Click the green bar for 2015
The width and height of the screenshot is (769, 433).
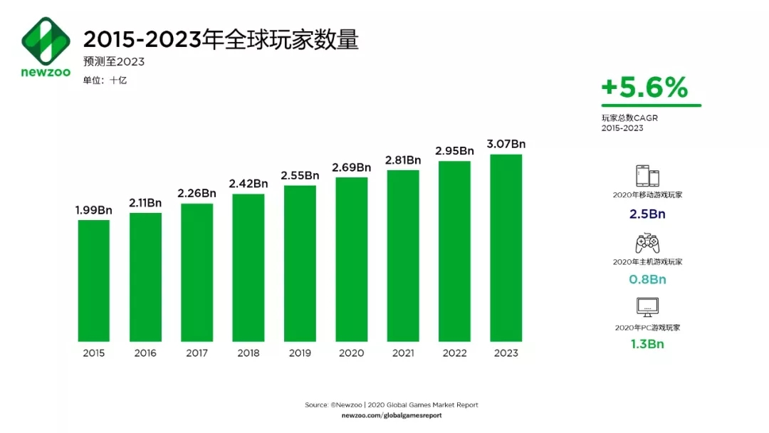93,281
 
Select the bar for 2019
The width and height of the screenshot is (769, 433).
300,264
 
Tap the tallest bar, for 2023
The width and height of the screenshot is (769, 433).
506,248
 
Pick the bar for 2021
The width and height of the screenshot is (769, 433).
403,256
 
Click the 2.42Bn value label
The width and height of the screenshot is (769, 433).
249,184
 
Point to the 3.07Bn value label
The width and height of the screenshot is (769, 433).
506,144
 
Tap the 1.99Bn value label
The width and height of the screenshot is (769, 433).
93,210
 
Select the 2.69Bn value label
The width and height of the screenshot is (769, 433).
351,167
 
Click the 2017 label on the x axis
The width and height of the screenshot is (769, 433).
197,353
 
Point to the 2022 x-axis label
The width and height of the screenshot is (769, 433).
454,353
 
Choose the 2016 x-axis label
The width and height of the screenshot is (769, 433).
145,353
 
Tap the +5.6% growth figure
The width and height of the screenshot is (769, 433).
645,88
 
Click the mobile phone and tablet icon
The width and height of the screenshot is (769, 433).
647,176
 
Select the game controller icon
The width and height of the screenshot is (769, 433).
647,243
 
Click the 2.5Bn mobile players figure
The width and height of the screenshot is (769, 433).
647,214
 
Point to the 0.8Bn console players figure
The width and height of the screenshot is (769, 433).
647,279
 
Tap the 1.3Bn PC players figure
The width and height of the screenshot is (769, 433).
647,345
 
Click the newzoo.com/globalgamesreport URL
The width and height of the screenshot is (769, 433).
392,415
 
